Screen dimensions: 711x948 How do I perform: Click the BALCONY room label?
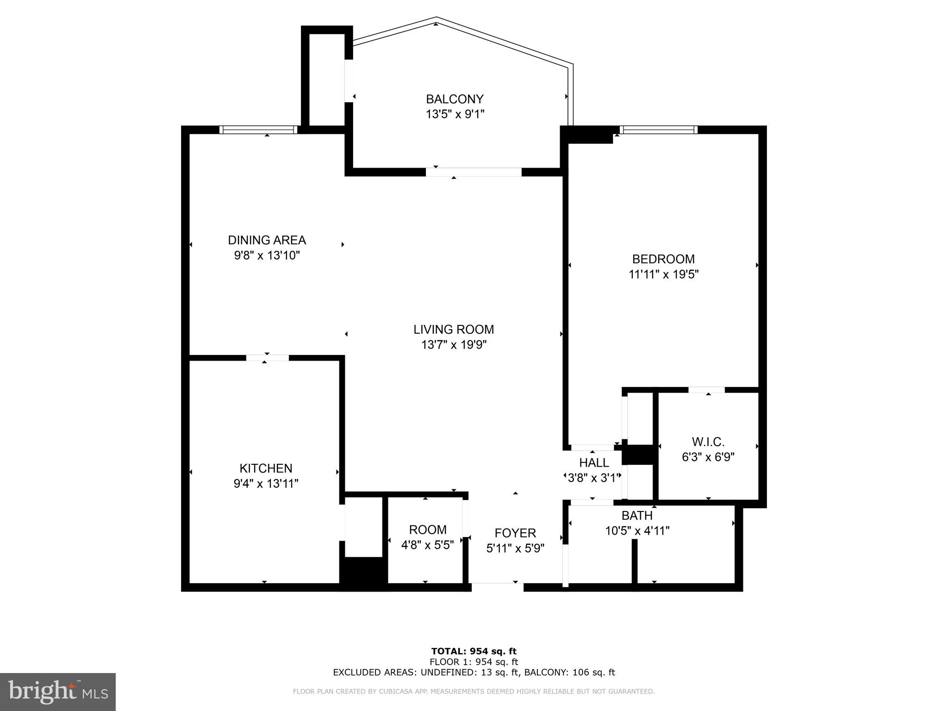455,99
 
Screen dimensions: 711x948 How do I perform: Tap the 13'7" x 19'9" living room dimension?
454,345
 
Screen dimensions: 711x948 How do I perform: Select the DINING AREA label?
267,240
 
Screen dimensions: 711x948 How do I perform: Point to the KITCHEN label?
266,468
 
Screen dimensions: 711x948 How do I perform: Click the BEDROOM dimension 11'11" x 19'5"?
663,274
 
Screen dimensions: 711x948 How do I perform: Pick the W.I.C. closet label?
708,442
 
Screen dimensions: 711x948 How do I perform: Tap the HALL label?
594,462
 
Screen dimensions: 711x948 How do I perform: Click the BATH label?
637,515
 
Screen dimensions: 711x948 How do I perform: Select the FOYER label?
515,533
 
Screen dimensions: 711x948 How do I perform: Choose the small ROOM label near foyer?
427,530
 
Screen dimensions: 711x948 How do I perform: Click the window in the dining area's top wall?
258,130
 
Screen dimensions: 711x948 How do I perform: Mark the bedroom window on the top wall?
658,130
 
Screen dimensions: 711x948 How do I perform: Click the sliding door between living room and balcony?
473,172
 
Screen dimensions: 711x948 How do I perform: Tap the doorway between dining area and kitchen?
267,357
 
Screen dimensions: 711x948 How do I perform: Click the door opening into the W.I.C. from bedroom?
706,390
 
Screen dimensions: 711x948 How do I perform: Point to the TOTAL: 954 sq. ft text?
474,651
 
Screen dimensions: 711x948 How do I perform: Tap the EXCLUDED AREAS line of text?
474,673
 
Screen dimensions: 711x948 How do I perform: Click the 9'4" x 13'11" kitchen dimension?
266,484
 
